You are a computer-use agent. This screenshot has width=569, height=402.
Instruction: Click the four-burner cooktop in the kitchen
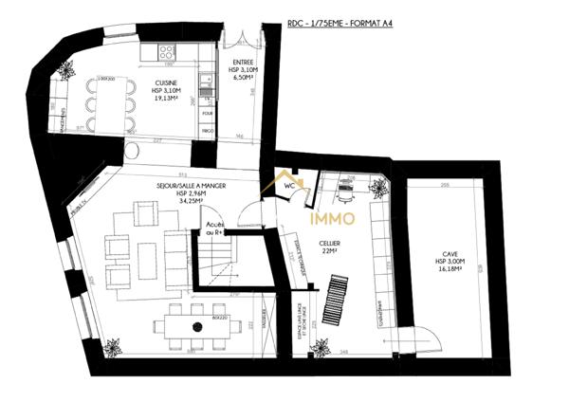pyautogui.click(x=167, y=52)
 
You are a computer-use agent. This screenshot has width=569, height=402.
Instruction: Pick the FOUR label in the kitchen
pyautogui.click(x=207, y=111)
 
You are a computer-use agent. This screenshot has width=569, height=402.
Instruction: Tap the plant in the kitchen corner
pyautogui.click(x=66, y=68)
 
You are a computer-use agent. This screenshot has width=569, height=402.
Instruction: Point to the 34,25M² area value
pyautogui.click(x=183, y=202)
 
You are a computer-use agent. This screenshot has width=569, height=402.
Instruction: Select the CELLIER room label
pyautogui.click(x=329, y=243)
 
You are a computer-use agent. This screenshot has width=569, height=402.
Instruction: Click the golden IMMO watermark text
pyautogui.click(x=333, y=219)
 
